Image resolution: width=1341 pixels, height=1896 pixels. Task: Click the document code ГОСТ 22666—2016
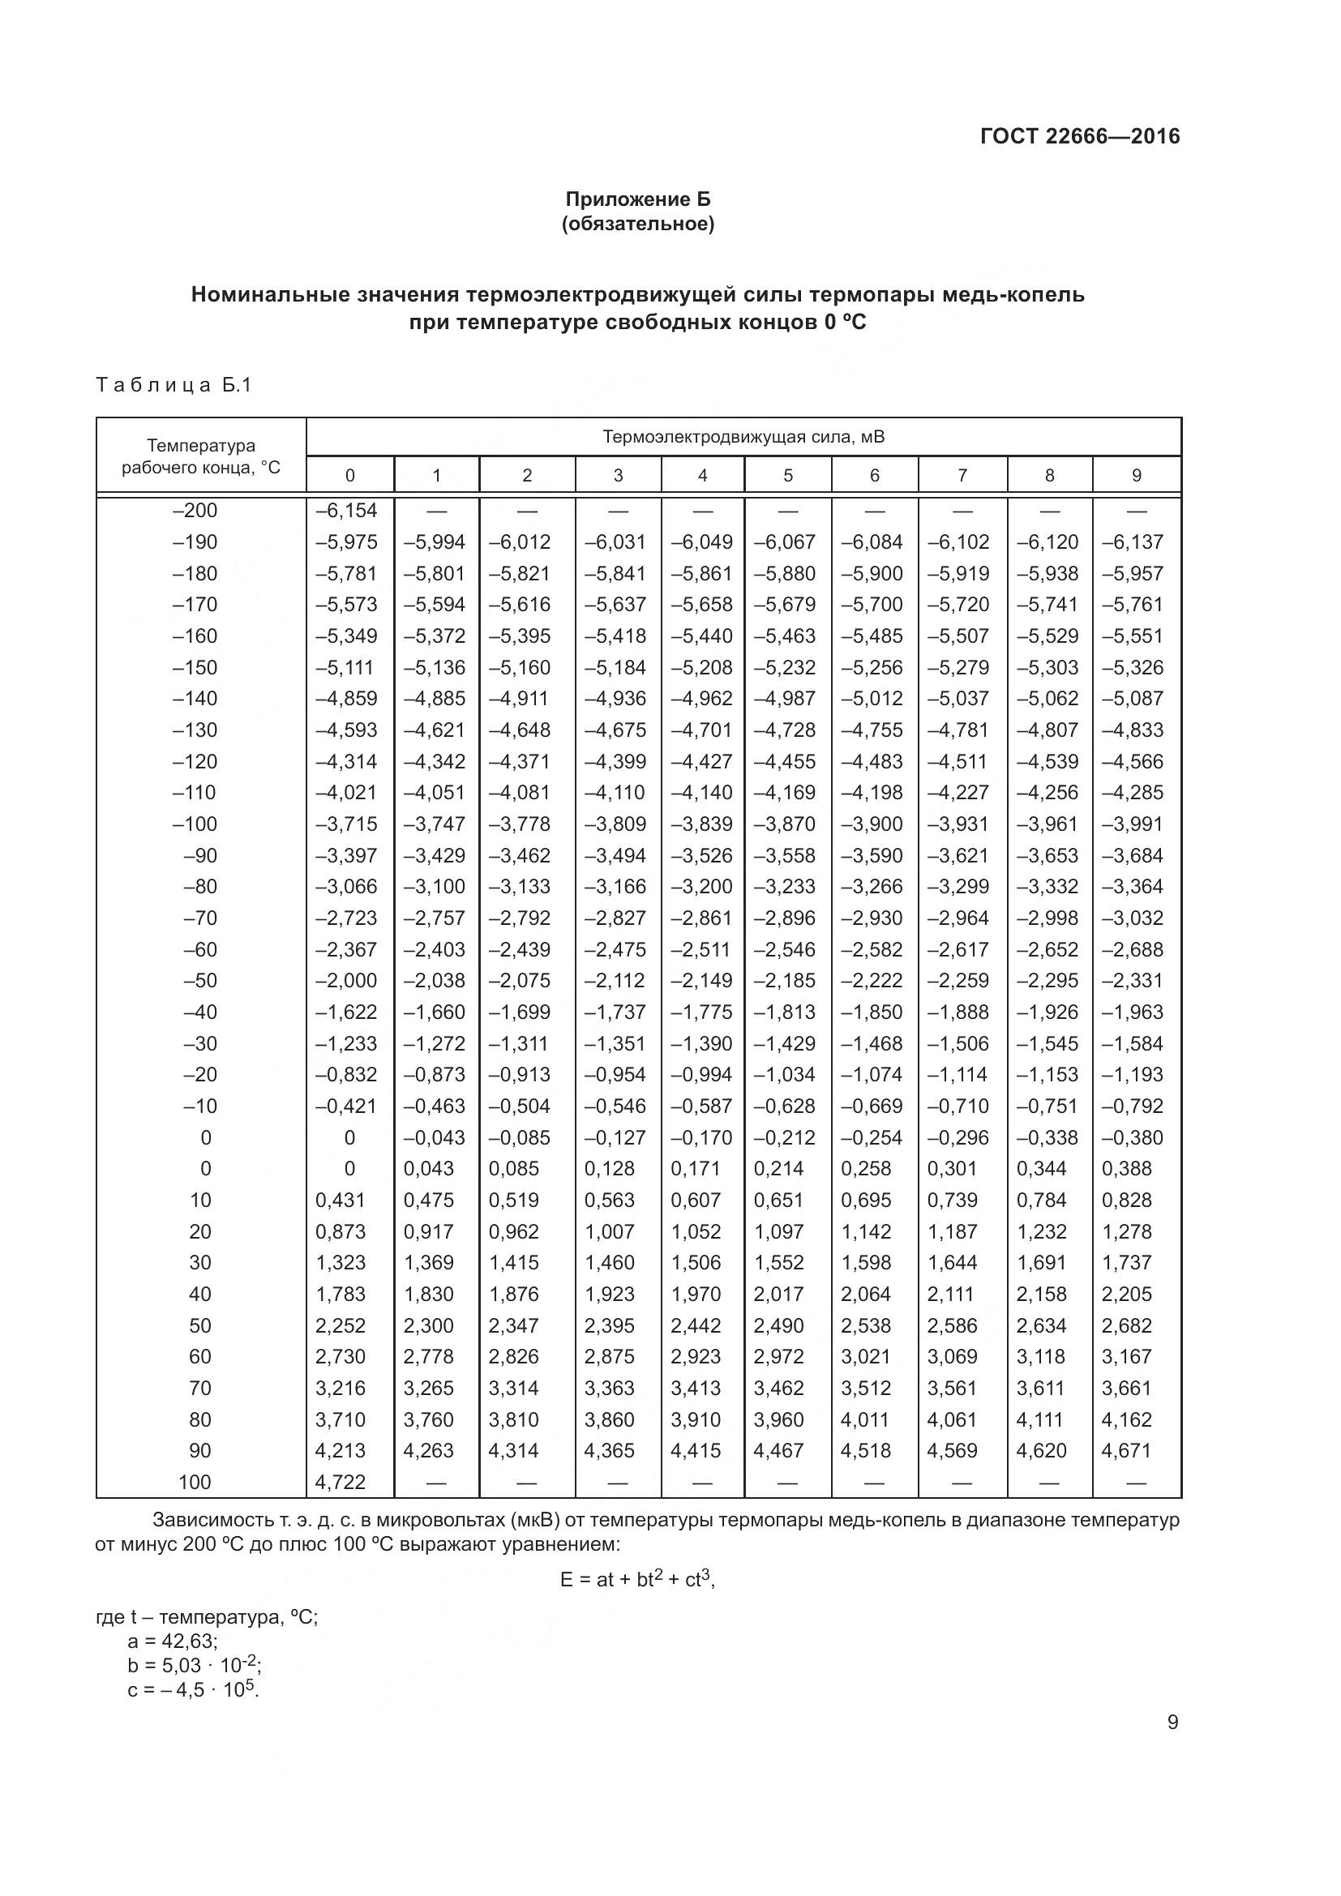(1079, 136)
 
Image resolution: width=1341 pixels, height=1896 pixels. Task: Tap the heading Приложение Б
(637, 199)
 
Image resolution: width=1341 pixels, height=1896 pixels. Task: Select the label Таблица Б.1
(174, 385)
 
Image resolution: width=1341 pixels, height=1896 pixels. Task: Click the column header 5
(787, 476)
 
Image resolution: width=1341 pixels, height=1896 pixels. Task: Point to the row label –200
(195, 511)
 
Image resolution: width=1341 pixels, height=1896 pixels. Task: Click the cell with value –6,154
(347, 511)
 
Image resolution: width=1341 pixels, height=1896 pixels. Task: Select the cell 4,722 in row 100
(341, 1482)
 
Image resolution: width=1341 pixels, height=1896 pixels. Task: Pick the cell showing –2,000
(347, 980)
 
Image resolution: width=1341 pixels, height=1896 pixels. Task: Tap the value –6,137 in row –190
(1133, 541)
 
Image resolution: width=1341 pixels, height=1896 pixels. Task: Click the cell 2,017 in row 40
(778, 1294)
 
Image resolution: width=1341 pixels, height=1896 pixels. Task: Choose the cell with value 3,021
(866, 1356)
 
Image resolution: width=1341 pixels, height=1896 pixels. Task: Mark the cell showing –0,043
(435, 1137)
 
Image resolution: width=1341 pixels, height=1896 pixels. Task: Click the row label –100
(195, 824)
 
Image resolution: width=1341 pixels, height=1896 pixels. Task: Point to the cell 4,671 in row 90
(1127, 1450)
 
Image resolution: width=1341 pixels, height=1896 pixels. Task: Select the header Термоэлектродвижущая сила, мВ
(743, 437)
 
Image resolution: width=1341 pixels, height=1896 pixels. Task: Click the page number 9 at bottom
(1172, 1723)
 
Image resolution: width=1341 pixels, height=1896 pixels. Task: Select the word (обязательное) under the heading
(637, 224)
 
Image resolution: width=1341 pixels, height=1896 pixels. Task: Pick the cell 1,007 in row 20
(610, 1231)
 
